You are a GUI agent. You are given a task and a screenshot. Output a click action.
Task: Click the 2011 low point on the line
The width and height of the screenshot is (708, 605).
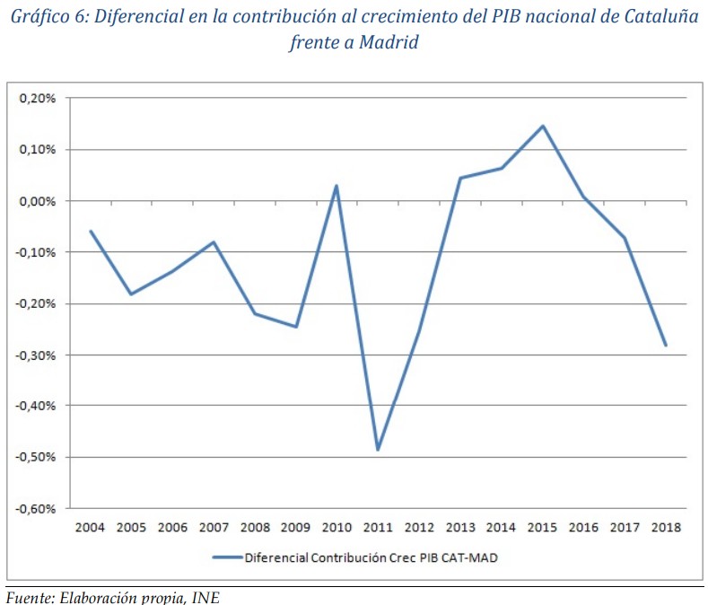coord(378,450)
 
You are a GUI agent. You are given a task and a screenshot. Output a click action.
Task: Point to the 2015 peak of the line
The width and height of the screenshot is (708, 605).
coord(543,126)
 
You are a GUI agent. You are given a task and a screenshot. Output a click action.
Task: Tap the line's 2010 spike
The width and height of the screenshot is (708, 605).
coord(337,186)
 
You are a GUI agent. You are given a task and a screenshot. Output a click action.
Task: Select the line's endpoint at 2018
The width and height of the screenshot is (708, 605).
coord(666,345)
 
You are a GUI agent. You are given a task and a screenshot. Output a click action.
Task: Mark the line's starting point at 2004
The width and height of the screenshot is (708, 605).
coord(91,231)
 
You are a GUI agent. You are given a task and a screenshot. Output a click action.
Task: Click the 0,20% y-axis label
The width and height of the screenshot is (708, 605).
coord(38,98)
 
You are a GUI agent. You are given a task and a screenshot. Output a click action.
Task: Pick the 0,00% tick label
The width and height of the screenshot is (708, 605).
coord(38,201)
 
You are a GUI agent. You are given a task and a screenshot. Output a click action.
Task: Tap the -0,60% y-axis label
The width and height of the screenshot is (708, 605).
coord(36,508)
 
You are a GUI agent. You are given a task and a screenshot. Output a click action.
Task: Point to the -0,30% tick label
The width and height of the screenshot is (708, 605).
coord(36,355)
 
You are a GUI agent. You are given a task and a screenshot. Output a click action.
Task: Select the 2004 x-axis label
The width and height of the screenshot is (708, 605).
coord(91,527)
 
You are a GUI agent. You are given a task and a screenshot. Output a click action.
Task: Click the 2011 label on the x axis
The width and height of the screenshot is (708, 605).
coord(378,527)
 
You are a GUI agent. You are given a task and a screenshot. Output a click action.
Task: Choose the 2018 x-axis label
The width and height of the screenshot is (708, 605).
coord(666,527)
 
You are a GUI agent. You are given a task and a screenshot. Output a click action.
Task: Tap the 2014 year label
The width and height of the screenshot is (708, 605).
coord(502,527)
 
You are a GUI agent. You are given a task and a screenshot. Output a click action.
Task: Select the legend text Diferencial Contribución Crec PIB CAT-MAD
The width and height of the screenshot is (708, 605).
coord(370,557)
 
